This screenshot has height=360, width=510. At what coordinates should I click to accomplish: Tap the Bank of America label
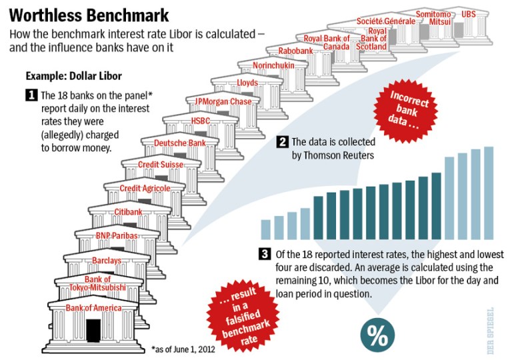click(93, 307)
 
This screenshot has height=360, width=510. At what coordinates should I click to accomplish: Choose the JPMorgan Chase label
click(223, 101)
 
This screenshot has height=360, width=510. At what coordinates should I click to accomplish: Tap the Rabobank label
click(295, 50)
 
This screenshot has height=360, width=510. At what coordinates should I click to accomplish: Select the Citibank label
click(128, 212)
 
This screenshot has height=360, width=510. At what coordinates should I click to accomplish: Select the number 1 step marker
click(31, 95)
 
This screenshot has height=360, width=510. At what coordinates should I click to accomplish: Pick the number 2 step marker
click(282, 142)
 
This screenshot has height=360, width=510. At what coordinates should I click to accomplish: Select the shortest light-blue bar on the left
click(266, 229)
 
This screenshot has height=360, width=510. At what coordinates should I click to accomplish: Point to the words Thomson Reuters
click(331, 155)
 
